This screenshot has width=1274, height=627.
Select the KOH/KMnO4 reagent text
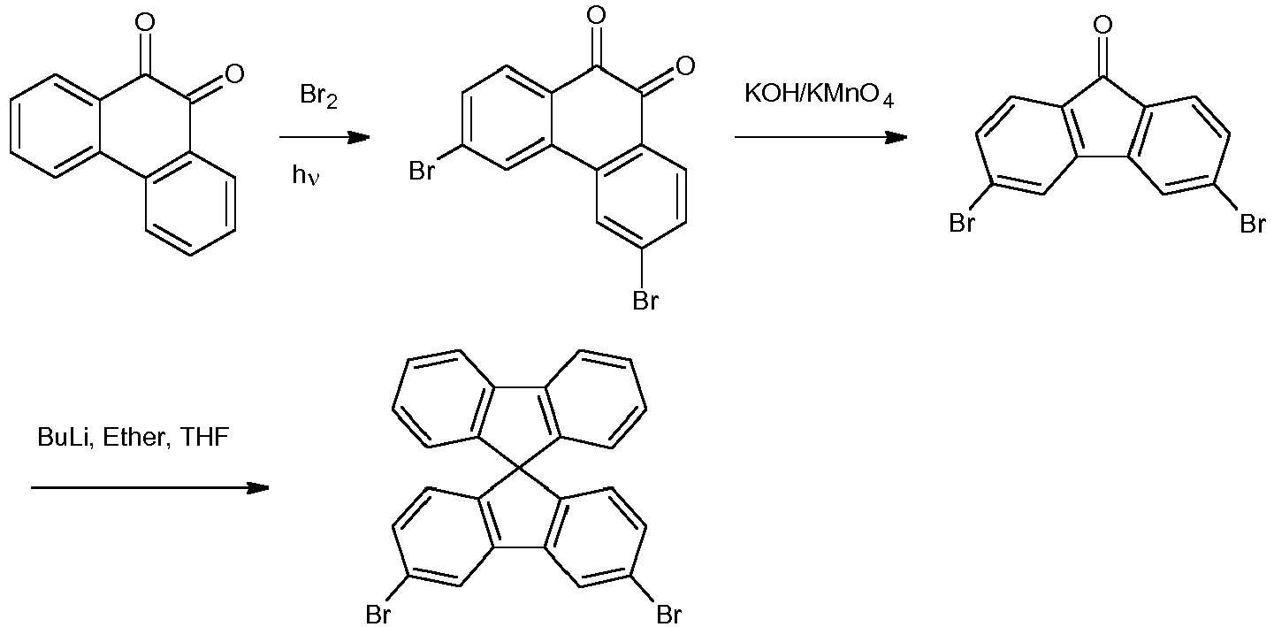(819, 96)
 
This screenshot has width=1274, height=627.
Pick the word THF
(205, 437)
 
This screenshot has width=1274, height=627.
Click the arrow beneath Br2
(324, 137)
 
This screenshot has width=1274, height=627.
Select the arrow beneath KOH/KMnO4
(820, 137)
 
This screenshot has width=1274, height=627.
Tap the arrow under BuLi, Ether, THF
(150, 487)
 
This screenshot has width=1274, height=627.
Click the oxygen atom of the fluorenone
(1102, 24)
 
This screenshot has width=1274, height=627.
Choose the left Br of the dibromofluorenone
(962, 224)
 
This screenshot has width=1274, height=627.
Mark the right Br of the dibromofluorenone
(1252, 224)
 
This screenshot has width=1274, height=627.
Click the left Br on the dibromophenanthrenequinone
(422, 170)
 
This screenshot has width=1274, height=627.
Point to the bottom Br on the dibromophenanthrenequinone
(645, 302)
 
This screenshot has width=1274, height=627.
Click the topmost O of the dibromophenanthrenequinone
(597, 15)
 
